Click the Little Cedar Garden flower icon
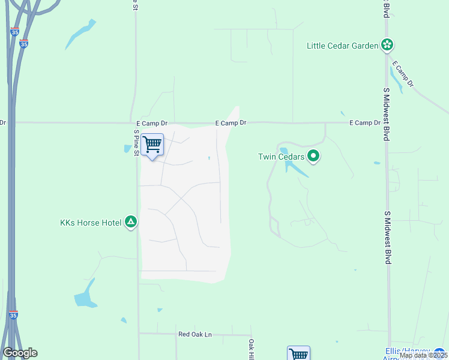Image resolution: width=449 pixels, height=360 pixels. click(387, 45)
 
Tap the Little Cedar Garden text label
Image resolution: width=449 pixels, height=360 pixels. click(342, 46)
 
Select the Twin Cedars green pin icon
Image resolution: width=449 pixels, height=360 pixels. click(313, 157)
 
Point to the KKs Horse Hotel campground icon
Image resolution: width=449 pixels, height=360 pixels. click(131, 223)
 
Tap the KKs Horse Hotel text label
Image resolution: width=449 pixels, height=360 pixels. click(91, 223)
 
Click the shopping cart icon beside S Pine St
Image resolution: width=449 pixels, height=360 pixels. click(152, 144)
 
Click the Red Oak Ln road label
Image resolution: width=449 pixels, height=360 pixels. click(195, 334)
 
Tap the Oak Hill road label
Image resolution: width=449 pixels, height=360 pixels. click(252, 349)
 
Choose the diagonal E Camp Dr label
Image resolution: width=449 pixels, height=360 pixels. click(403, 74)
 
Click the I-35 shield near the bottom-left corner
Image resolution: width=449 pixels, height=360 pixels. click(13, 314)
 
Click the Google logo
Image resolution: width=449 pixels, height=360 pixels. click(20, 353)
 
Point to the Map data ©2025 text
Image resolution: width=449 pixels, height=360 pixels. click(423, 355)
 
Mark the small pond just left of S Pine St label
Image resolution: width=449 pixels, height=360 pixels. click(127, 148)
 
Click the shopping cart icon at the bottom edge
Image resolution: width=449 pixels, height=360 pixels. click(298, 353)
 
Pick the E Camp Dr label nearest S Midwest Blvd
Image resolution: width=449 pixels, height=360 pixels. click(365, 123)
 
